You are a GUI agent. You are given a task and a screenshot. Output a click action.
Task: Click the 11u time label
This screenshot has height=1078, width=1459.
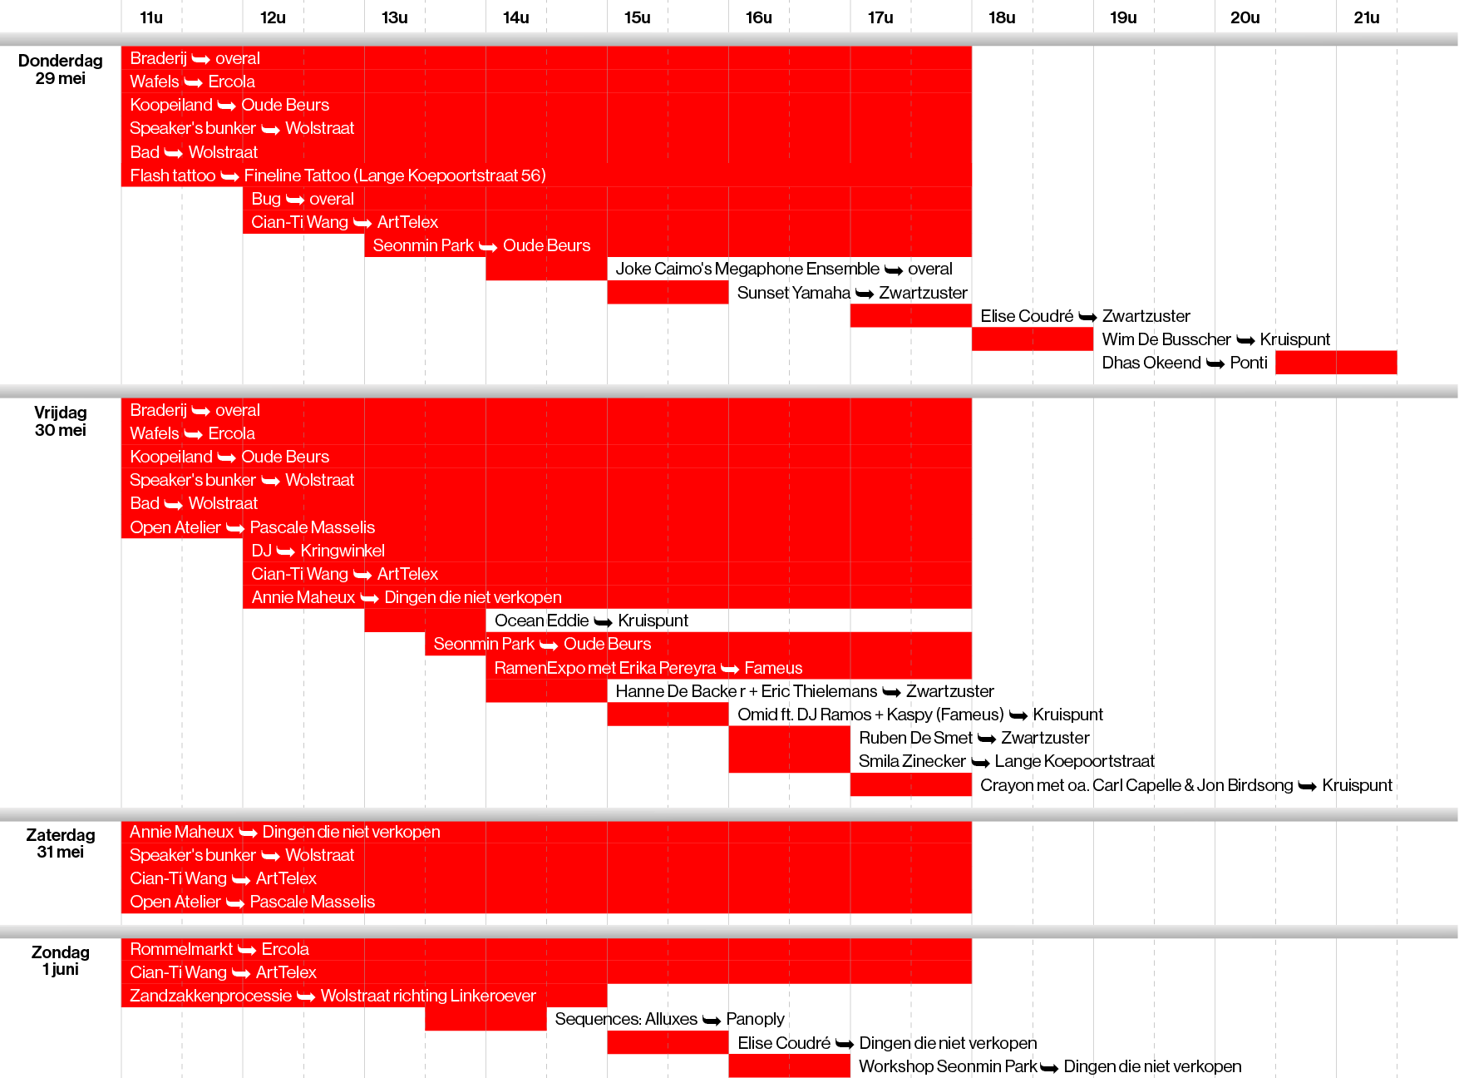point(151,17)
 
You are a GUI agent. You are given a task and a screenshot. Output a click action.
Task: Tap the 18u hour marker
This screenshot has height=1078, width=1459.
point(1002,17)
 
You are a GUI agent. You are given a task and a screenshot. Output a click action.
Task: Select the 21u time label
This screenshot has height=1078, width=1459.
point(1366,17)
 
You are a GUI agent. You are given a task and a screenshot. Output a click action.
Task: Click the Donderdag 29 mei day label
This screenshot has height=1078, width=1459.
point(61,69)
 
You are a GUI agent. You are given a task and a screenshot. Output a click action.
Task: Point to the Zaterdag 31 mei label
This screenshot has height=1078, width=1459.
point(61,843)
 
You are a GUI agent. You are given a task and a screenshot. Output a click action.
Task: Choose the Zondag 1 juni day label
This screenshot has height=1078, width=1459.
point(61,960)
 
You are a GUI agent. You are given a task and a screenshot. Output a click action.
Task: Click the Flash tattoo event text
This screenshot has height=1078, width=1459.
point(172,176)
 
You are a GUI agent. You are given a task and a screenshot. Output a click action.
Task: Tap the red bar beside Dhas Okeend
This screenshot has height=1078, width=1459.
point(1335,363)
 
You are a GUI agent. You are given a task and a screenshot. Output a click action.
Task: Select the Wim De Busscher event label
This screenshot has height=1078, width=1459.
point(1166,339)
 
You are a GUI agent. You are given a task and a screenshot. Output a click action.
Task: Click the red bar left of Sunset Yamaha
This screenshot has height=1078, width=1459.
point(668,293)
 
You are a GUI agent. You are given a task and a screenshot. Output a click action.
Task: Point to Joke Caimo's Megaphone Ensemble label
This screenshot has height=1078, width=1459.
point(747,269)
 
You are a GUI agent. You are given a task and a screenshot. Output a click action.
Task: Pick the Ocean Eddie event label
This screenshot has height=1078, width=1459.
point(541,621)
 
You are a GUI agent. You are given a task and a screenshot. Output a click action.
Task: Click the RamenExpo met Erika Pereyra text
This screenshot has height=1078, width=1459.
point(604,668)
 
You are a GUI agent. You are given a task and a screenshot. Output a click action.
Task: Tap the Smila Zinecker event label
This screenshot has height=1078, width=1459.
point(912,761)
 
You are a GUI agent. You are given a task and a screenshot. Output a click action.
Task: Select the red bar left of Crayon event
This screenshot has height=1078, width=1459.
point(910,785)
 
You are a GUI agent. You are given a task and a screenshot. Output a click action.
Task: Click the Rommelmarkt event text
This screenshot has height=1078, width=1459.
point(181,949)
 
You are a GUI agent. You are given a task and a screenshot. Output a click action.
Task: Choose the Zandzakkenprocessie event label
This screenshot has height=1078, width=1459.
point(210,996)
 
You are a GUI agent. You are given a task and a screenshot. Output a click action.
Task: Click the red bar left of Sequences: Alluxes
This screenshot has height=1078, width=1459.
point(485,1019)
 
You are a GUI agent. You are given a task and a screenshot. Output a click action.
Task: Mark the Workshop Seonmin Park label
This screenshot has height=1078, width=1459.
point(948,1066)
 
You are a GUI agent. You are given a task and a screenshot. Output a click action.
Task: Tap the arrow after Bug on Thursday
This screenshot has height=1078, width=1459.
point(295,200)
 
